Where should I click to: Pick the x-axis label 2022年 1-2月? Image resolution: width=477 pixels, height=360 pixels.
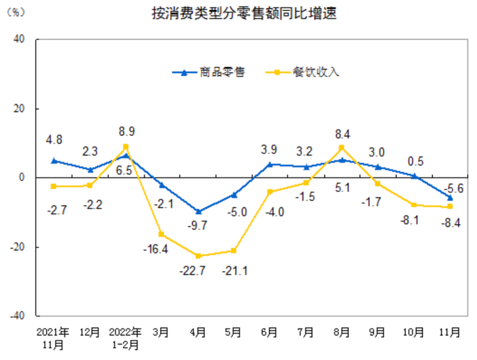(x=125, y=337)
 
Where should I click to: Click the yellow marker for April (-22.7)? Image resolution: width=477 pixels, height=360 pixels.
(x=198, y=256)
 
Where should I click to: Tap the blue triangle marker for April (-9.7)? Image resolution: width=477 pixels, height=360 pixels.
(x=198, y=212)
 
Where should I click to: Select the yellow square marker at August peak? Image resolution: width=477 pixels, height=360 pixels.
(x=342, y=148)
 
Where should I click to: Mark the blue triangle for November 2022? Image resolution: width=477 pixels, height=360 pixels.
(x=450, y=197)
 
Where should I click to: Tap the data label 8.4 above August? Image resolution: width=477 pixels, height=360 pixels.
(x=342, y=135)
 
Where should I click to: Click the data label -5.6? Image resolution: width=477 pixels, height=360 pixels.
(x=453, y=188)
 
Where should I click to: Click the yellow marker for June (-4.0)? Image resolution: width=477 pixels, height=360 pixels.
(x=269, y=192)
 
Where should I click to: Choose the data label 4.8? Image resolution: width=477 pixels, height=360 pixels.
(x=54, y=140)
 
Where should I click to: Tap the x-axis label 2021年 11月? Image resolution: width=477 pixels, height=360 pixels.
(x=54, y=337)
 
